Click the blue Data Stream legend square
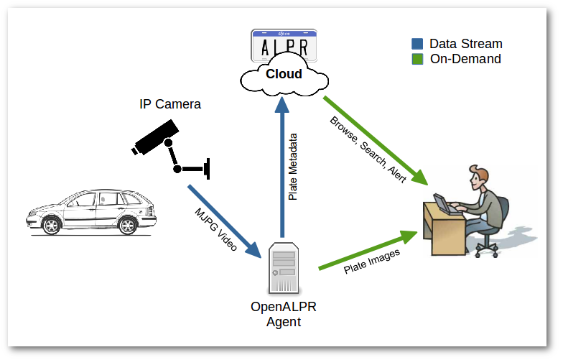pyautogui.click(x=417, y=44)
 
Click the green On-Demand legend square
pyautogui.click(x=417, y=59)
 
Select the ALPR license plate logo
pyautogui.click(x=284, y=46)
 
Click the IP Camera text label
pyautogui.click(x=170, y=105)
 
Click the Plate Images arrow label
pyautogui.click(x=371, y=262)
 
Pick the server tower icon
pyautogui.click(x=282, y=268)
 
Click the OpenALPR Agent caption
pyautogui.click(x=284, y=314)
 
